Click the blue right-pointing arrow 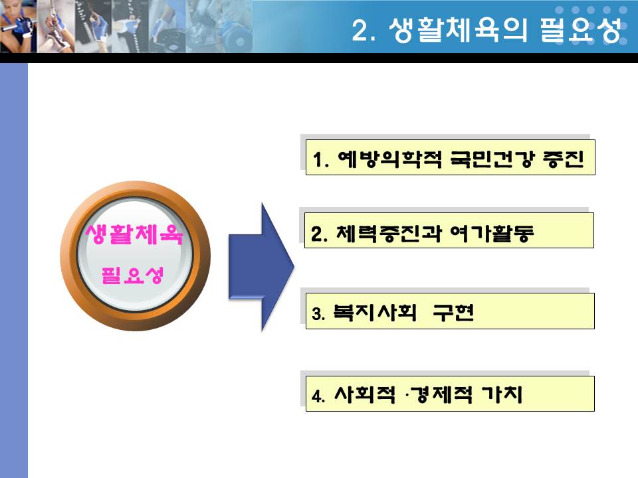click(x=261, y=267)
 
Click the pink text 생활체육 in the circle click(x=134, y=234)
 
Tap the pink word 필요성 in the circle click(x=133, y=275)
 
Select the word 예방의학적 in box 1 click(x=390, y=159)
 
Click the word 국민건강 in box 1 click(x=491, y=159)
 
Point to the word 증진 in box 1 click(x=564, y=159)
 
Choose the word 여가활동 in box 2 click(x=492, y=233)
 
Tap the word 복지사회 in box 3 click(x=375, y=312)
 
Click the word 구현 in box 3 click(x=453, y=312)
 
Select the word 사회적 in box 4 click(x=365, y=394)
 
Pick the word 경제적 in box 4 click(x=441, y=394)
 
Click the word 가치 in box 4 click(x=502, y=394)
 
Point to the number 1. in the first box click(x=320, y=159)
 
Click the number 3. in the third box click(x=318, y=314)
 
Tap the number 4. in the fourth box click(x=318, y=396)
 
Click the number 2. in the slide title click(x=364, y=30)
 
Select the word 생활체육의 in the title click(x=458, y=30)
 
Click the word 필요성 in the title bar click(x=581, y=30)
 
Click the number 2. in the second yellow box click(x=320, y=234)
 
